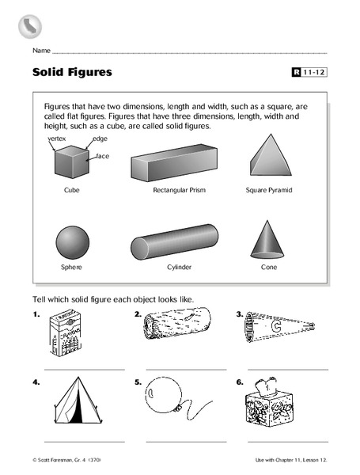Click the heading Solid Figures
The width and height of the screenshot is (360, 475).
click(x=72, y=73)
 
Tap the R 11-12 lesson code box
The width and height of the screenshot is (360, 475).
click(x=309, y=73)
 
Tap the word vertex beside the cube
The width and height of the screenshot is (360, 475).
click(x=58, y=138)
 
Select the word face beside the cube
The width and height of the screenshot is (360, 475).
click(x=102, y=156)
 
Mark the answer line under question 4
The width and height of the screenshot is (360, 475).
click(x=85, y=441)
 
